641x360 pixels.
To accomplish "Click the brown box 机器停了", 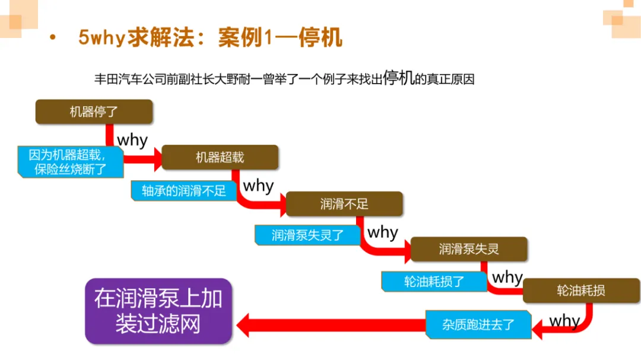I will click(x=94, y=111).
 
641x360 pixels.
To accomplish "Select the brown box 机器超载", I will click(x=220, y=157).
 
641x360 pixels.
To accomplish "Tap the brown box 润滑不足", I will click(x=344, y=204).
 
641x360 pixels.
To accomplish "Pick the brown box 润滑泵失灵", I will click(x=469, y=249).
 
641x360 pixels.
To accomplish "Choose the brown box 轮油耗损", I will click(x=580, y=291).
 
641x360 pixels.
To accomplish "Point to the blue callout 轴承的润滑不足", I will click(x=183, y=190).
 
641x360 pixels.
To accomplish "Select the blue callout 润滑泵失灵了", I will click(x=307, y=235).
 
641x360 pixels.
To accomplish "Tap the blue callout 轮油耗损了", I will click(x=434, y=281).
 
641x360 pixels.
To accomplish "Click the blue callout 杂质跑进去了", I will click(x=478, y=325).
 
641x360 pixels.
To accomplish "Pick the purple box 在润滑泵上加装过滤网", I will click(x=158, y=311).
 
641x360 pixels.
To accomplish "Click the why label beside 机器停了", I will click(x=132, y=141).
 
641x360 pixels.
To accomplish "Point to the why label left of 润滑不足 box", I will click(x=258, y=186).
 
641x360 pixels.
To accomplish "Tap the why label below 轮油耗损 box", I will click(x=564, y=321).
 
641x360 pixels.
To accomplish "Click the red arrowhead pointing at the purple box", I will click(x=245, y=325).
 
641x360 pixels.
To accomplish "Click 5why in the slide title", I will click(x=101, y=37).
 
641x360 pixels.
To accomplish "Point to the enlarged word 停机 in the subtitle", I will click(x=399, y=78).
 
